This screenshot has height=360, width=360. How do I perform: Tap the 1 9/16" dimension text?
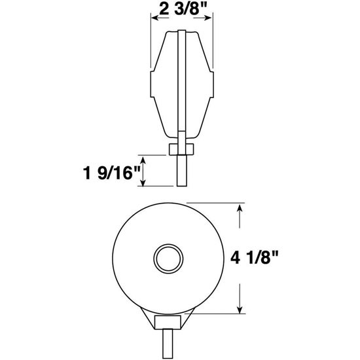coord(108,173)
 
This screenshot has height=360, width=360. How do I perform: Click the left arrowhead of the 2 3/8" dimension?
coord(154,19)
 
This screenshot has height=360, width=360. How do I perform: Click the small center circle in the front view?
coord(167,257)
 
